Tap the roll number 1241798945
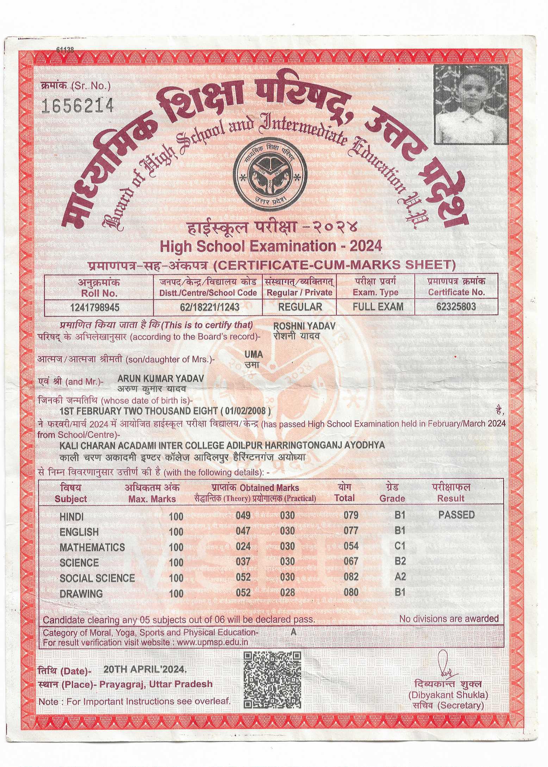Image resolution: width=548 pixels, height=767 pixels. click(x=95, y=307)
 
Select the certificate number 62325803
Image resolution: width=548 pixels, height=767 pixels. click(x=456, y=306)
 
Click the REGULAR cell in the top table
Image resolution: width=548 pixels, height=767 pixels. click(x=300, y=307)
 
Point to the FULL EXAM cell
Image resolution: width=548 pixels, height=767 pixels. click(x=378, y=306)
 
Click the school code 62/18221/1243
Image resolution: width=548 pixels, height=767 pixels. click(x=210, y=307)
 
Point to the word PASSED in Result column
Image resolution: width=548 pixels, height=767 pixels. click(x=456, y=515)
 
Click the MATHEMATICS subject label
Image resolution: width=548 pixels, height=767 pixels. click(x=92, y=547)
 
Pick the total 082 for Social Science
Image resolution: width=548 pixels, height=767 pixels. click(x=351, y=577)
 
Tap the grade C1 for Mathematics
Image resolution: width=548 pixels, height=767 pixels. click(x=400, y=546)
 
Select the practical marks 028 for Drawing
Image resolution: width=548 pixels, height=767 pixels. click(x=287, y=592)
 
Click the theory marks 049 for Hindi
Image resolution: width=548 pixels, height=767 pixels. click(x=243, y=516)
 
